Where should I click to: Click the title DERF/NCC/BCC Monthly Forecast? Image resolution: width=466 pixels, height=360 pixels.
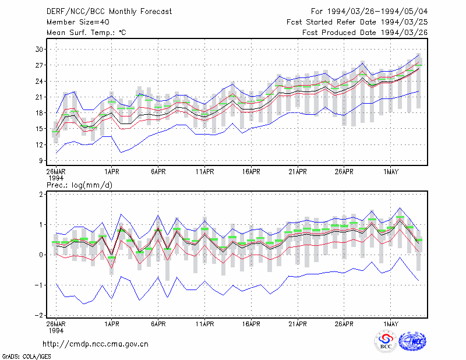[x=109, y=12]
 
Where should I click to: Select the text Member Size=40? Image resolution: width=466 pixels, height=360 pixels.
[x=78, y=22]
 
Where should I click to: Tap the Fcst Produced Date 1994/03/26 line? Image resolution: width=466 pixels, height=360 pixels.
[x=365, y=33]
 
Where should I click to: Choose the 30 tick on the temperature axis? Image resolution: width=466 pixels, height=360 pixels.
[x=39, y=50]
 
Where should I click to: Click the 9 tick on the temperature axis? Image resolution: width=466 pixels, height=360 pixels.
[x=41, y=161]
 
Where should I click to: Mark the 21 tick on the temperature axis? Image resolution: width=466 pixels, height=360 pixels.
[x=39, y=97]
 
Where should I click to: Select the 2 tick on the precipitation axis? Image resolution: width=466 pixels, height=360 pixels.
[x=41, y=194]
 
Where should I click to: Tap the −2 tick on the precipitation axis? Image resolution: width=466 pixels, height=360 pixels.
[x=39, y=315]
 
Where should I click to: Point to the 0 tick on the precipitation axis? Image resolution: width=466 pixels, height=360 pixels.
[x=41, y=255]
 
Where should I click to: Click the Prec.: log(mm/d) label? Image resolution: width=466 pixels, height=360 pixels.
[x=79, y=185]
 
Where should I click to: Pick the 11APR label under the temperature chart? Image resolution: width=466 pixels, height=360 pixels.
[x=205, y=172]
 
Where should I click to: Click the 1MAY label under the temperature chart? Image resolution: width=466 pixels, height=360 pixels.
[x=390, y=172]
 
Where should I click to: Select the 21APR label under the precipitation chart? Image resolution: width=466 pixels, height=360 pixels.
[x=298, y=324]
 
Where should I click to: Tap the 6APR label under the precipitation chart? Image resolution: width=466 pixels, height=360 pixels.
[x=158, y=324]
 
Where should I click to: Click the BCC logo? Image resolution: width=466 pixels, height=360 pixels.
[x=386, y=341]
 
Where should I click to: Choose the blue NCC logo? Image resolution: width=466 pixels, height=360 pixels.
[x=412, y=341]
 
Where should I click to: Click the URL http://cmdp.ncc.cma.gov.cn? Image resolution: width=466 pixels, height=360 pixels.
[x=96, y=344]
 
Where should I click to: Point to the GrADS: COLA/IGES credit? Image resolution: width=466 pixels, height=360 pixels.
[x=26, y=357]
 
